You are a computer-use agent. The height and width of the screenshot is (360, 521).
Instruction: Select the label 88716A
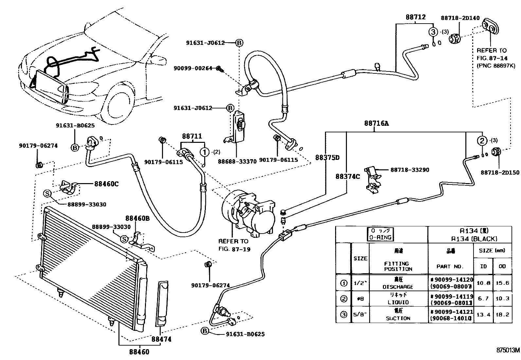click(376, 124)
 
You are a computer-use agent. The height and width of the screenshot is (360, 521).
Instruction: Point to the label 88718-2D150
click(499, 173)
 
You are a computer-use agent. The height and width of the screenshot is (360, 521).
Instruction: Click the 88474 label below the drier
click(161, 339)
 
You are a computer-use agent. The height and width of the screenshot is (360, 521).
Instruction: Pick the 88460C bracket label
click(106, 184)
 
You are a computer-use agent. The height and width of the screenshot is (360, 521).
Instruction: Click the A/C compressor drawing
click(249, 213)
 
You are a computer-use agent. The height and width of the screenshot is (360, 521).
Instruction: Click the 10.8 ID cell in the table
click(483, 283)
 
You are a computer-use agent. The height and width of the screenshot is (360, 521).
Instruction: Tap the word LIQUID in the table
click(398, 302)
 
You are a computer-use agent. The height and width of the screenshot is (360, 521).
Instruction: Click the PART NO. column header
click(450, 266)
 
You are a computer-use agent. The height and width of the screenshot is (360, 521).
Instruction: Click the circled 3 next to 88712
click(433, 32)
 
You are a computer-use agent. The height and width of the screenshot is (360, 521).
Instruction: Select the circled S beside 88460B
click(124, 239)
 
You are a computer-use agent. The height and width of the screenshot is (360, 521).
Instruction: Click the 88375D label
click(327, 158)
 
